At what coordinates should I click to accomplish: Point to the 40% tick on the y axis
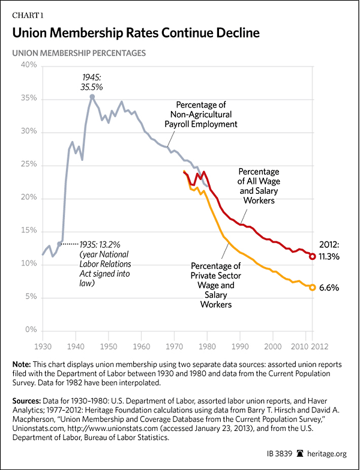coord(29,65)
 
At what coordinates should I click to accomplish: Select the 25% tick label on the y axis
coord(29,164)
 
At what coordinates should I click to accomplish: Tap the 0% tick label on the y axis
coord(32,331)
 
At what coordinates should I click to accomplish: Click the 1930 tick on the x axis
coord(42,346)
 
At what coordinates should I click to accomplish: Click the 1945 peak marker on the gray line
coord(92,96)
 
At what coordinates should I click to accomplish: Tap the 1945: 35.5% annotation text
coord(92,82)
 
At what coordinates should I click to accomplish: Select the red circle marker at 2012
coord(313,256)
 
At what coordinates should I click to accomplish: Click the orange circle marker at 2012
coord(313,287)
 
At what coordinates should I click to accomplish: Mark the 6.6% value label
coord(329,288)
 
